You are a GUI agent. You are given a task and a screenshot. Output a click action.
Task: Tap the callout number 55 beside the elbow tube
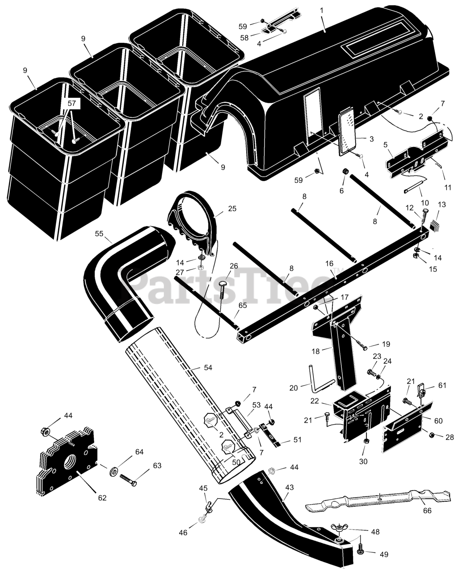(99, 233)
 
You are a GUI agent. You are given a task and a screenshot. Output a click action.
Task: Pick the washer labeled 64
(113, 469)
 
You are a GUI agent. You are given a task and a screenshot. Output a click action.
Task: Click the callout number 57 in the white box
(72, 104)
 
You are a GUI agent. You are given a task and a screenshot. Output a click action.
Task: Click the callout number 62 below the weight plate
(102, 497)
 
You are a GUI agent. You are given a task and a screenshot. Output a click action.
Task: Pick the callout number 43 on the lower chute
(290, 487)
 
